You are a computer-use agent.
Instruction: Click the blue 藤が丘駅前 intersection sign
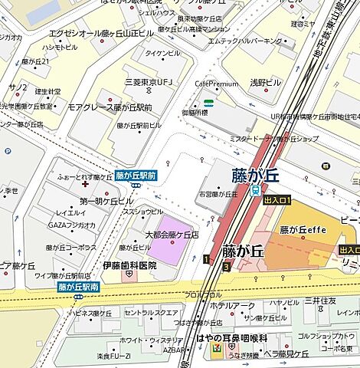click(136, 175)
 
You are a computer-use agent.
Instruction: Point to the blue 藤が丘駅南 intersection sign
click(78, 287)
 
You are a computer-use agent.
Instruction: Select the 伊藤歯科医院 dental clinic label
click(129, 265)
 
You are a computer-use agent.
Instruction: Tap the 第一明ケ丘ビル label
click(106, 201)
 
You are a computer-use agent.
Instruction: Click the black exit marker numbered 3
click(226, 267)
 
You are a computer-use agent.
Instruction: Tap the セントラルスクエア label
click(151, 314)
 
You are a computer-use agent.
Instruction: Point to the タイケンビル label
click(162, 53)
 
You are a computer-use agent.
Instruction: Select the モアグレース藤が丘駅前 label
click(110, 108)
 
